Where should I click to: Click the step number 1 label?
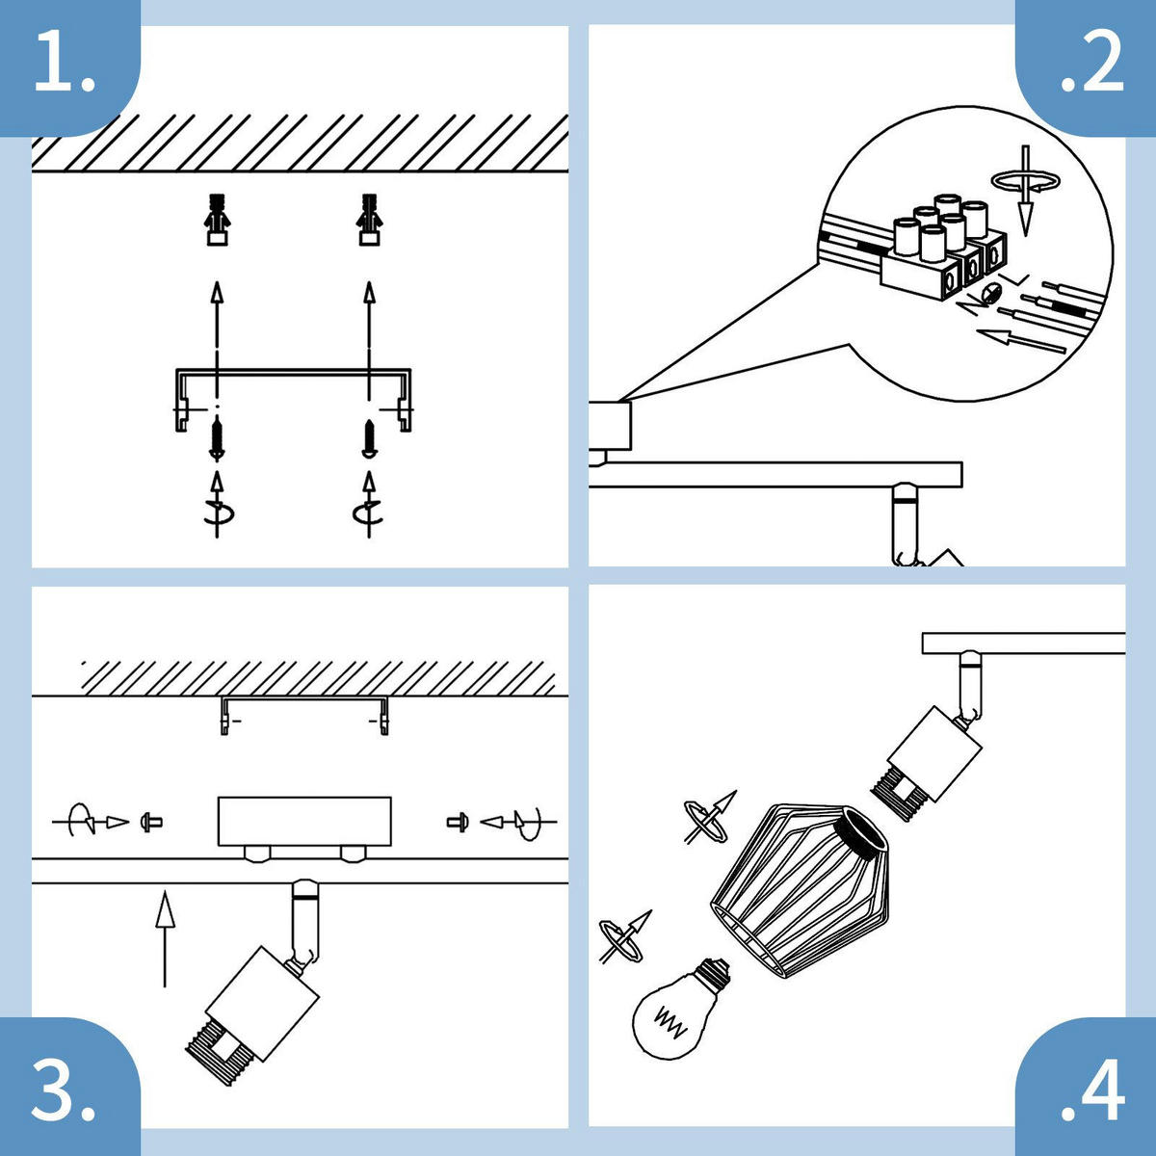tap(66, 66)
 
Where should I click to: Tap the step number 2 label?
tap(1091, 66)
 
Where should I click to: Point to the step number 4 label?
tap(1092, 1090)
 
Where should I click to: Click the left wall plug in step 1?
tap(219, 221)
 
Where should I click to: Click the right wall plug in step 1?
tap(369, 221)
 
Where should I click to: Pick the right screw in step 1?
tap(369, 438)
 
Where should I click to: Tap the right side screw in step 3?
tap(457, 822)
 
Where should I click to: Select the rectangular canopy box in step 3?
tap(304, 821)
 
